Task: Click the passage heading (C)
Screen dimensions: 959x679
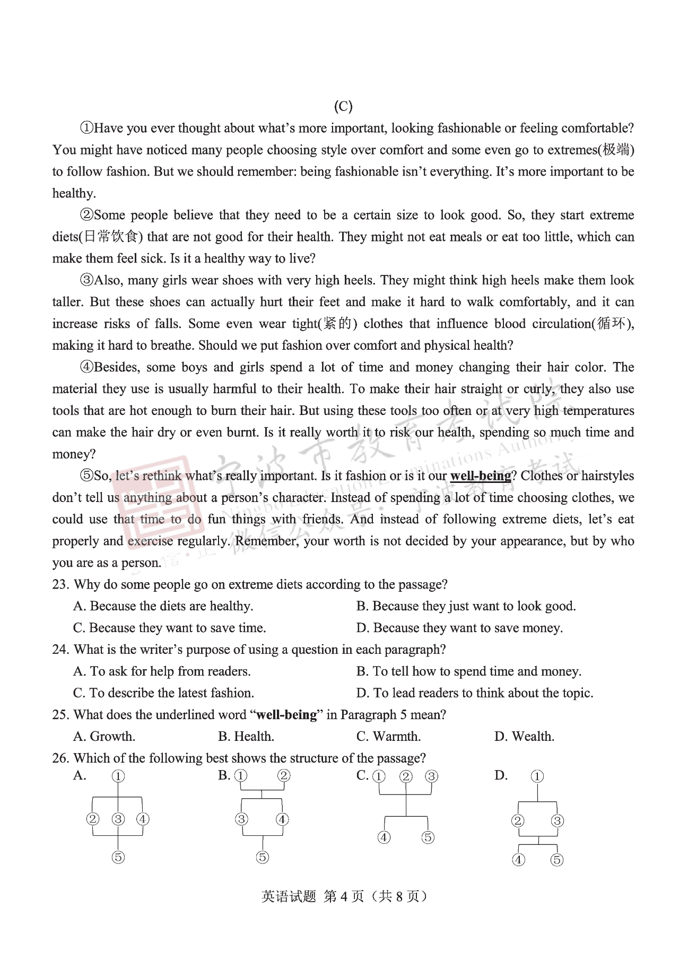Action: [x=343, y=106]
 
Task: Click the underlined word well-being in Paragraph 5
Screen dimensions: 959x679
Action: [x=480, y=476]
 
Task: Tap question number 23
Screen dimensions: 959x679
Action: [x=60, y=585]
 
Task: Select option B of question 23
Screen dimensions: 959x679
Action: [x=466, y=606]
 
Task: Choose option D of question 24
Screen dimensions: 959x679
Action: [x=475, y=693]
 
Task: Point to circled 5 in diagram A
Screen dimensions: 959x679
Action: [x=118, y=857]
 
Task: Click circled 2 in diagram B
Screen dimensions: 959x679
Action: [x=284, y=775]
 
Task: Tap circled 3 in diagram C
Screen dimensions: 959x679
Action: [x=431, y=776]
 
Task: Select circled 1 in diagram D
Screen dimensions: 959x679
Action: [x=537, y=776]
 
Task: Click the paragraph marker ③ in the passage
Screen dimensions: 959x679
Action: [x=86, y=280]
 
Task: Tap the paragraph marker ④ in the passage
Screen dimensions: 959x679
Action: [x=86, y=367]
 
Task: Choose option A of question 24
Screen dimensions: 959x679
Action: [x=162, y=671]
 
